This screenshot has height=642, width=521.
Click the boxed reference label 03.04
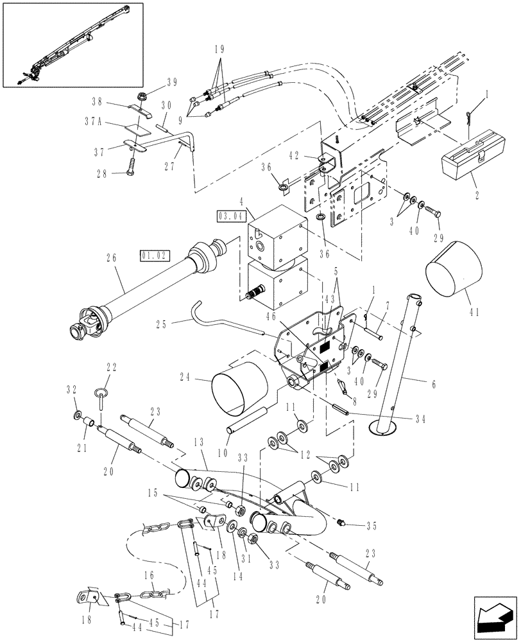click(232, 216)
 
